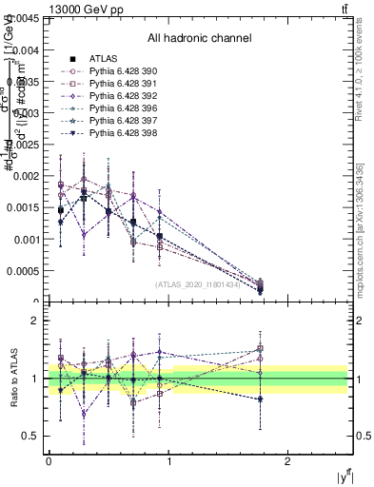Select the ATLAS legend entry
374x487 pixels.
102,59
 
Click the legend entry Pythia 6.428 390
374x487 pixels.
120,71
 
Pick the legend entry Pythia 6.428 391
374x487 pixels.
120,84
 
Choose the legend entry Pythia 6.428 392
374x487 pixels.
120,96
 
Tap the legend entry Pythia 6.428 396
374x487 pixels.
120,108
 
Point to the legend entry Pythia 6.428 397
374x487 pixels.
120,121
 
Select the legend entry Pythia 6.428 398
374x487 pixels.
120,133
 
